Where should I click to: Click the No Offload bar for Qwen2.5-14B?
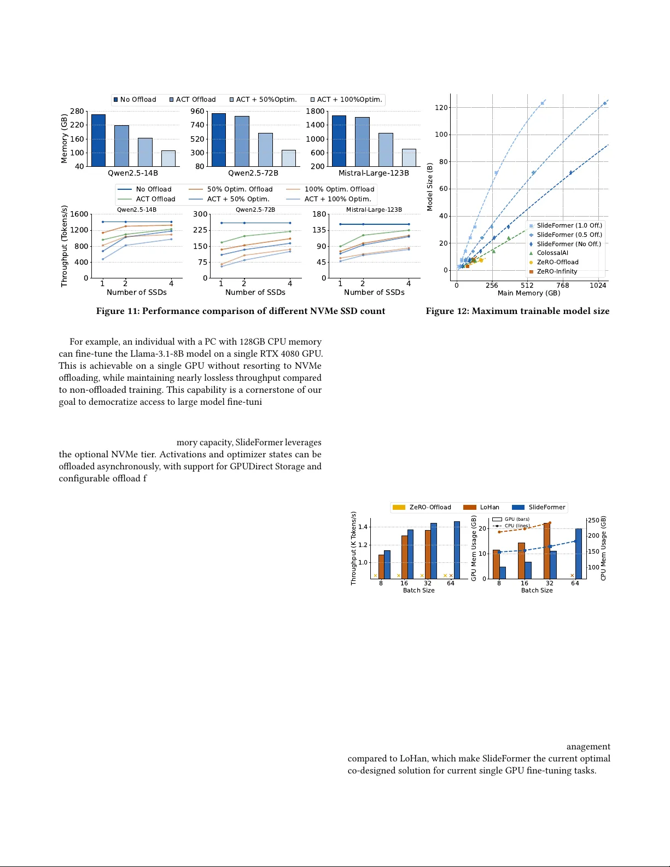click(98, 141)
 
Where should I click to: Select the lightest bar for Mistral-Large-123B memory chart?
click(409, 158)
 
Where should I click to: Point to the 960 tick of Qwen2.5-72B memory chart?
click(197, 111)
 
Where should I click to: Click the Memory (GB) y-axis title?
click(64, 138)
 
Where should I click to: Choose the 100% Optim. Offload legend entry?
click(339, 189)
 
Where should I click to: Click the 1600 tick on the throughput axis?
click(79, 214)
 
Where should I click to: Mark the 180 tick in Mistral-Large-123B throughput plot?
click(319, 214)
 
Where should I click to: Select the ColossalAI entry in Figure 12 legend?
click(552, 253)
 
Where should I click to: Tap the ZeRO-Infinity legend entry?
click(556, 271)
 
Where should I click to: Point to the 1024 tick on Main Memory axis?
click(598, 285)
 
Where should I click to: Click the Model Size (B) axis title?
click(430, 187)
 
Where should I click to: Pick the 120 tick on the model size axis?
click(441, 107)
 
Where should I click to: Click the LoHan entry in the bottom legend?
click(489, 507)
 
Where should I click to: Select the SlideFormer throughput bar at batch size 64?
click(457, 550)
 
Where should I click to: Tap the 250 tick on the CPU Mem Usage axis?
click(593, 520)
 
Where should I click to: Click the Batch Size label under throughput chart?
click(418, 590)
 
